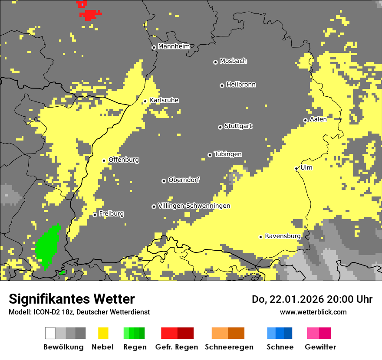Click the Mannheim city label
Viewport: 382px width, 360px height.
coord(174,46)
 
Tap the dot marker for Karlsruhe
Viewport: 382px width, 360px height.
coord(145,101)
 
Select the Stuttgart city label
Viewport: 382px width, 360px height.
coord(238,126)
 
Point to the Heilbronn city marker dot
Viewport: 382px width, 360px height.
coord(222,85)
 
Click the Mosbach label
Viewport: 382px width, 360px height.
coord(233,61)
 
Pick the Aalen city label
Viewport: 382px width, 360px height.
coord(318,119)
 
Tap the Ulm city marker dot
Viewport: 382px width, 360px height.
coord(296,168)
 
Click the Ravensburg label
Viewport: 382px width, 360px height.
coord(283,236)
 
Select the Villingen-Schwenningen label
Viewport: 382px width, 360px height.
coord(194,206)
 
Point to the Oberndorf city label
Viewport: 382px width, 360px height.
coord(184,180)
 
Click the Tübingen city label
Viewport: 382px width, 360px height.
coord(228,154)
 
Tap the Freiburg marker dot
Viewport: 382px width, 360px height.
coord(95,215)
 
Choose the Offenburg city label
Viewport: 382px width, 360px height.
coord(124,160)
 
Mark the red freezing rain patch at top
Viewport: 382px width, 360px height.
coord(90,15)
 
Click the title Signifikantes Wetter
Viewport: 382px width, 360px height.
coord(72,299)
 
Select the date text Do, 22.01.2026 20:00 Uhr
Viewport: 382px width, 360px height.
coord(312,299)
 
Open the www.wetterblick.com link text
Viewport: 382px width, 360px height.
coord(313,312)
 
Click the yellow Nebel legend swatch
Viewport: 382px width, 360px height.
coord(103,333)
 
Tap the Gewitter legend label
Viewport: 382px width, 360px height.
coord(320,347)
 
